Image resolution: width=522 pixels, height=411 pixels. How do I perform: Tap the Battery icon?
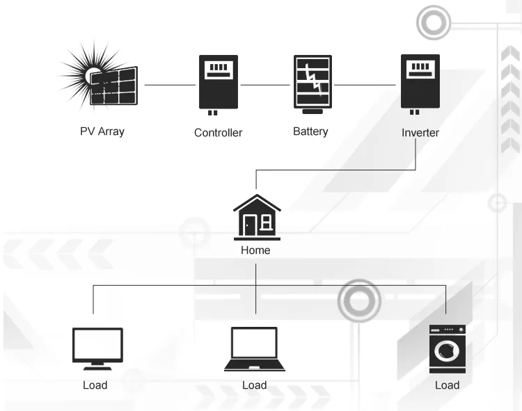[x=311, y=83]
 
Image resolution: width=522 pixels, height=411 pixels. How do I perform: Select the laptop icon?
[x=255, y=347]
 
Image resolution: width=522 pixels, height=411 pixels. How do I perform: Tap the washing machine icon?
[x=447, y=348]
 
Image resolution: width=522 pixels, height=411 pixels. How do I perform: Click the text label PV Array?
[x=102, y=131]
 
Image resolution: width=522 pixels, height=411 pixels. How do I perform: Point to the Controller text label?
[x=218, y=132]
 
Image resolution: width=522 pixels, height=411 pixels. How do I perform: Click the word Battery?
[x=310, y=131]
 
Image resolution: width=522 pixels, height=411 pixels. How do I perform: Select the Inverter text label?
[x=420, y=132]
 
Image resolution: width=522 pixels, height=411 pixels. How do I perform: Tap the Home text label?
[x=255, y=250]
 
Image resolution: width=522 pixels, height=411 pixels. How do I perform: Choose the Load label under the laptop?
[x=255, y=385]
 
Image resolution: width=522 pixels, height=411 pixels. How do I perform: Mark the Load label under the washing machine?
[x=447, y=385]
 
